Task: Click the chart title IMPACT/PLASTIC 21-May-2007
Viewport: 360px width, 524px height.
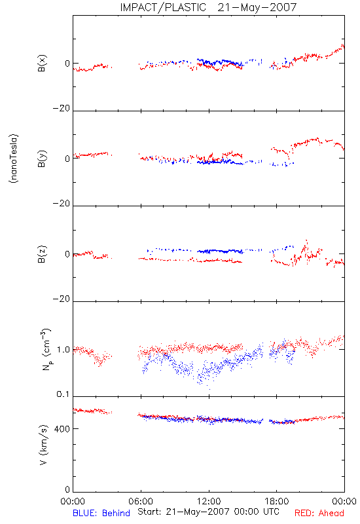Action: point(208,7)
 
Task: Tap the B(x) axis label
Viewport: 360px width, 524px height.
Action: point(42,64)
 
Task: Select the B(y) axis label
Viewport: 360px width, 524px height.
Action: point(42,159)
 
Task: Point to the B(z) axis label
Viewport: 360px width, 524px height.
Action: point(42,254)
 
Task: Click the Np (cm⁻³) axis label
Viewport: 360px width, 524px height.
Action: point(46,350)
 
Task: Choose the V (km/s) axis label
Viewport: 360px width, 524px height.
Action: point(43,445)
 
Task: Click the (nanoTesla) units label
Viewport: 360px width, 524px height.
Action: point(14,159)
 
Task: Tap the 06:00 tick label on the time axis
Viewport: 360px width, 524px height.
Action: point(141,501)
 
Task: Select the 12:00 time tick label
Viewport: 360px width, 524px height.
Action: point(209,501)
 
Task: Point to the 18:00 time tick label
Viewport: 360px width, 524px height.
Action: point(277,501)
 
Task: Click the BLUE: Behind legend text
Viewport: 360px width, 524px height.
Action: point(101,513)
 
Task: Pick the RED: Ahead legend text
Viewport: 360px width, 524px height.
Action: point(319,513)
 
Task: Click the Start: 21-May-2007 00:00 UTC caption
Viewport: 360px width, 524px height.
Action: point(208,512)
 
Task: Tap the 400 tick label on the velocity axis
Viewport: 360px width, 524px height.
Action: point(62,429)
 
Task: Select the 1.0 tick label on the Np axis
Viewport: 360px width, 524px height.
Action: point(63,350)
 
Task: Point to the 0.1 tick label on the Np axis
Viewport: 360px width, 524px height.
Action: point(63,394)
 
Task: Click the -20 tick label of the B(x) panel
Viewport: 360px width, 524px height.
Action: point(62,108)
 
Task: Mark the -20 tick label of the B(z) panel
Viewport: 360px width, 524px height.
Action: point(62,299)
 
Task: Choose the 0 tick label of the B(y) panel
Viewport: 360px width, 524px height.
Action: point(67,159)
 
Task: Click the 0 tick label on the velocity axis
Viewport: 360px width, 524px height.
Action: point(67,489)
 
